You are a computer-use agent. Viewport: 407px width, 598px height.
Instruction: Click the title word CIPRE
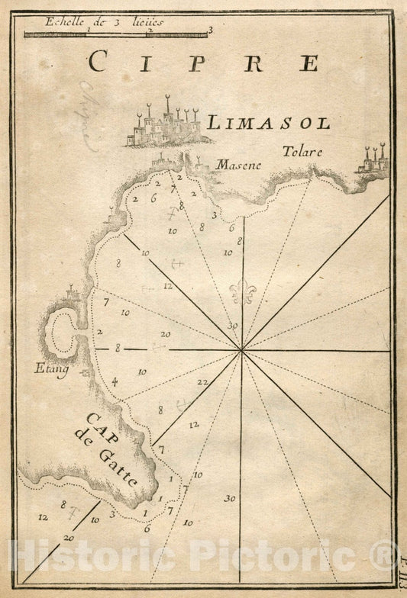pyautogui.click(x=202, y=61)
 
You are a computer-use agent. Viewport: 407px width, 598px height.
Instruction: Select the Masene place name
pyautogui.click(x=238, y=165)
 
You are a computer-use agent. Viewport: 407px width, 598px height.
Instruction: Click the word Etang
pyautogui.click(x=50, y=369)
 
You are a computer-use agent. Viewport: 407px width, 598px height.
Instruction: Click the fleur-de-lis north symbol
pyautogui.click(x=242, y=291)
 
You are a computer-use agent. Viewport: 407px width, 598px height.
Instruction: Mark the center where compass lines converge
pyautogui.click(x=242, y=351)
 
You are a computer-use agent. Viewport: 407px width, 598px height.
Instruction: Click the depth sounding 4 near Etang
pyautogui.click(x=115, y=381)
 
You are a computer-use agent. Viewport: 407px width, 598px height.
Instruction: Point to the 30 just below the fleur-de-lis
pyautogui.click(x=232, y=326)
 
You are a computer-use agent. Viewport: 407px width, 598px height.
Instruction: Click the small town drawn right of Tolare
pyautogui.click(x=373, y=161)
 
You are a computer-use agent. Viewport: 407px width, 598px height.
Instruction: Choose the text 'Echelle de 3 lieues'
pyautogui.click(x=104, y=21)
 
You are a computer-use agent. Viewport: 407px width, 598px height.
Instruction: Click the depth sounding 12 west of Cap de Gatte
pyautogui.click(x=43, y=517)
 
